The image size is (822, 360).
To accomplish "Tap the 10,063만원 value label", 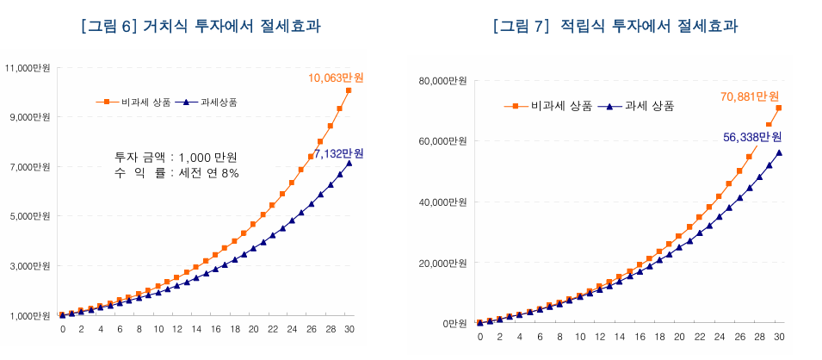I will pyautogui.click(x=336, y=78).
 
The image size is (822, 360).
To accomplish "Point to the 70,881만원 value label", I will pyautogui.click(x=750, y=96).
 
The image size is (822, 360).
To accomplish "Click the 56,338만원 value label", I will pyautogui.click(x=751, y=137).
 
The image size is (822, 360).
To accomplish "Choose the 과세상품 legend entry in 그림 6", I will pyautogui.click(x=210, y=102).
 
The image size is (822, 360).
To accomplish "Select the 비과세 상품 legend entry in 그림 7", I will pyautogui.click(x=552, y=106).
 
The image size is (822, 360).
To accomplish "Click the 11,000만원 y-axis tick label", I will pyautogui.click(x=28, y=67).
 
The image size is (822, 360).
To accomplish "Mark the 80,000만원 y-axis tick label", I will pyautogui.click(x=443, y=81).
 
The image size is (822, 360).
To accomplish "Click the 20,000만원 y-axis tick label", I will pyautogui.click(x=443, y=263).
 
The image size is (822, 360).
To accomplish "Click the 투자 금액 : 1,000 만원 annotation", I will pyautogui.click(x=176, y=158).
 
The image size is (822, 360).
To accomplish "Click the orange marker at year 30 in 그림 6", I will pyautogui.click(x=349, y=90).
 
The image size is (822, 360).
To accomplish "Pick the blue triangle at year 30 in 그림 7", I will pyautogui.click(x=779, y=152).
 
